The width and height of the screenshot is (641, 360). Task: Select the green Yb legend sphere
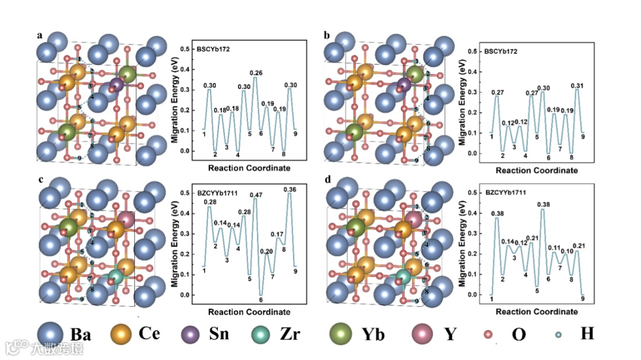tap(341, 334)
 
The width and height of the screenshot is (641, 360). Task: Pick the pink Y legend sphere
tap(424, 334)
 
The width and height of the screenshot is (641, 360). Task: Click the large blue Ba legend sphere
tap(50, 334)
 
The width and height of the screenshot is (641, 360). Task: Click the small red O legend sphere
tap(488, 334)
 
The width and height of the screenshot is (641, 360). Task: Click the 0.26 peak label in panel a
tap(256, 73)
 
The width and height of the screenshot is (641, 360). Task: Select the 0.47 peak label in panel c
tap(256, 195)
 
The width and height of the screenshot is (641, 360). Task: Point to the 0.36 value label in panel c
tap(290, 189)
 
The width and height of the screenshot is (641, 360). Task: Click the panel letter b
tap(326, 36)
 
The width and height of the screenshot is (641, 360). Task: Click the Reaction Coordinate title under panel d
tap(537, 311)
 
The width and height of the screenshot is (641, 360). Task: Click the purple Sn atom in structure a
tap(117, 85)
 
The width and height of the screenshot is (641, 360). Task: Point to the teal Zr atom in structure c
tap(117, 276)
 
